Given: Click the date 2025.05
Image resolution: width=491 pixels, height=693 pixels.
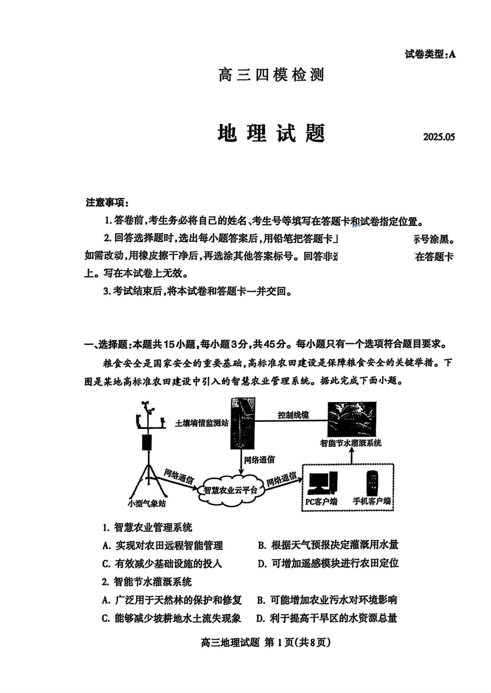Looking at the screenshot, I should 439,137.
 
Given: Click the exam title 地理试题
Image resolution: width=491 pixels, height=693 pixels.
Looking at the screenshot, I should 271,133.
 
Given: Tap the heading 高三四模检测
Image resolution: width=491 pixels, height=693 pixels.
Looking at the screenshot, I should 271,75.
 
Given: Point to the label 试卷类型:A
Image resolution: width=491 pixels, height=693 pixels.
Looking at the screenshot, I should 431,54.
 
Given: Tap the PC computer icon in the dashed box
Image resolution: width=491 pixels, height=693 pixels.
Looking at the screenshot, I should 322,483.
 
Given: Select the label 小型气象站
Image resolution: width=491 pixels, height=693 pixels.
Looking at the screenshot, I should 147,503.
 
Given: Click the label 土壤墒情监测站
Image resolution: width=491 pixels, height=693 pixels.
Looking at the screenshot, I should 201,423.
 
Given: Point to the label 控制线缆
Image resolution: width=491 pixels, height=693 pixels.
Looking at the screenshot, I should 293,414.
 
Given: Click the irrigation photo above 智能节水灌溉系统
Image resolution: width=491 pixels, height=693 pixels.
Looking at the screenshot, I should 352,419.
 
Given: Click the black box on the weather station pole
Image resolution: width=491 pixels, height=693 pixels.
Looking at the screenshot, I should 147,443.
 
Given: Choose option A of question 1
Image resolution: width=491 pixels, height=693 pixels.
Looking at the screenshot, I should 163,545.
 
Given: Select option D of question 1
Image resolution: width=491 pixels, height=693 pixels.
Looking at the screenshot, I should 328,563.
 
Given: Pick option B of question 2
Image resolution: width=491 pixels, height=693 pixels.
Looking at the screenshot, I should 327,600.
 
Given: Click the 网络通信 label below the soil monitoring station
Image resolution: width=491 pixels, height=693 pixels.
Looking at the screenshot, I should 259,459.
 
